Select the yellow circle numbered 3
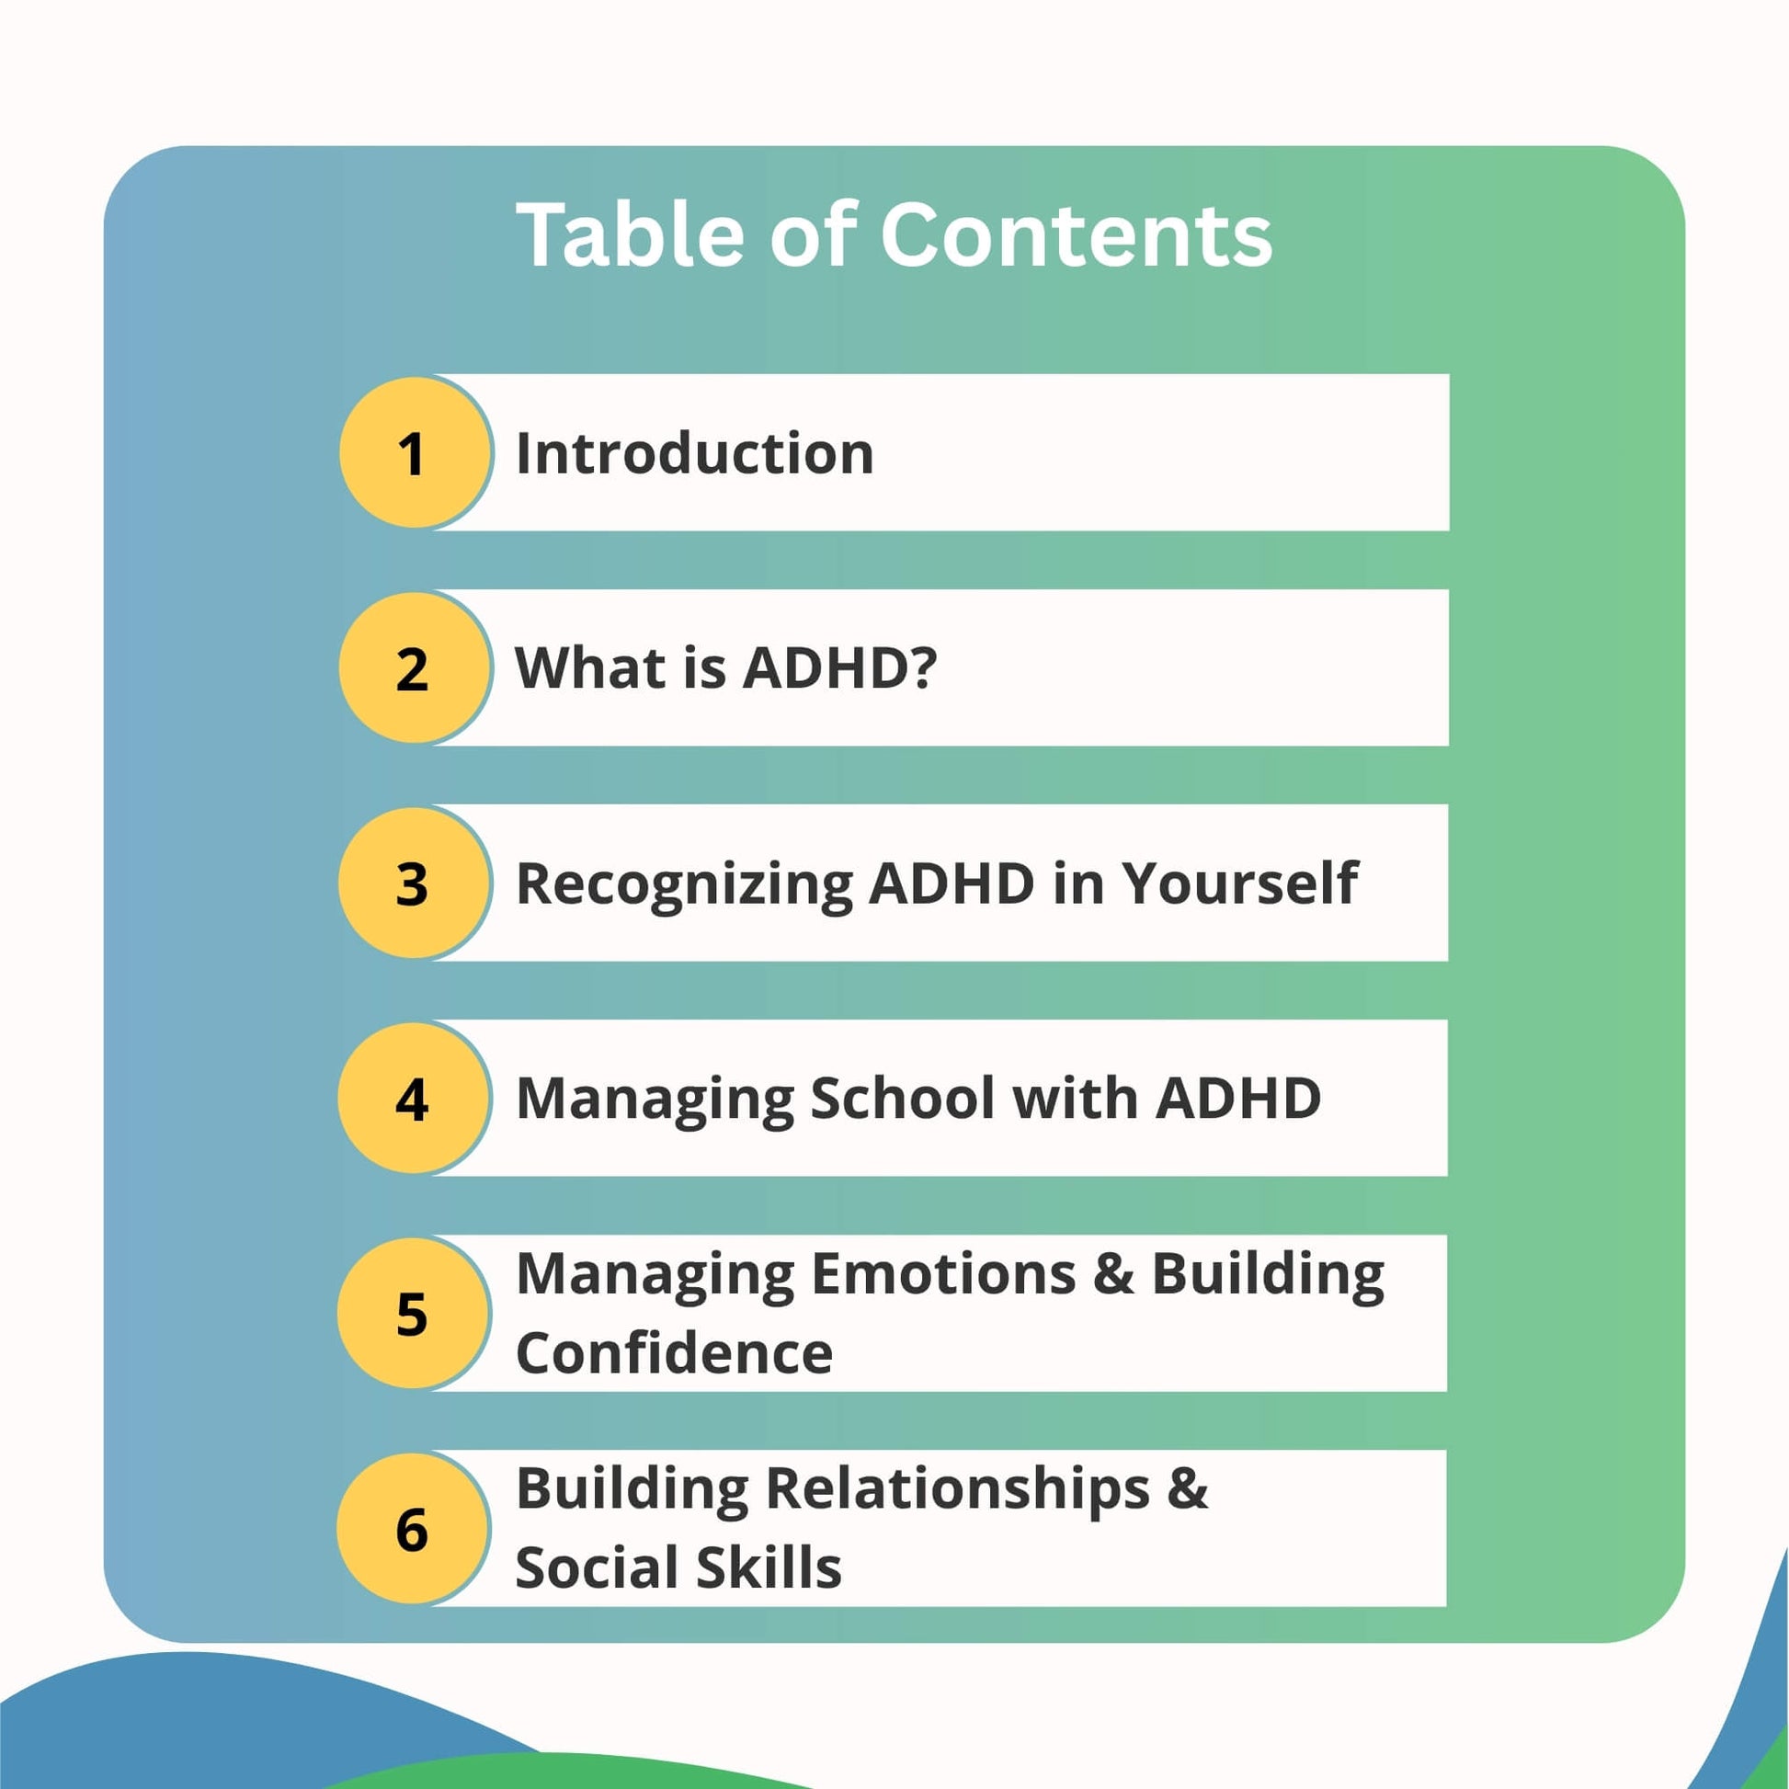click(414, 883)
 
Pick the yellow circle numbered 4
click(414, 1099)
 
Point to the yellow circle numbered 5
click(414, 1313)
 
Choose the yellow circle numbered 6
click(414, 1528)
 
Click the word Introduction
click(694, 454)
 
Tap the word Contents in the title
click(1076, 235)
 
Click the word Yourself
click(1241, 883)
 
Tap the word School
click(902, 1099)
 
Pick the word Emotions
click(943, 1274)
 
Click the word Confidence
click(674, 1354)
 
